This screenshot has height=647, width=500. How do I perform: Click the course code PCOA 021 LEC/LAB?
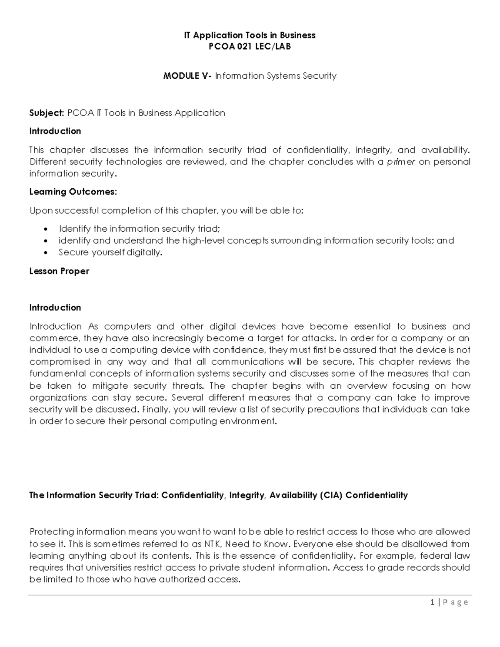pos(250,47)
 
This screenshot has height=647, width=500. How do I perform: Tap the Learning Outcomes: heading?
pos(73,192)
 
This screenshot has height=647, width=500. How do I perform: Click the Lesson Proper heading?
pos(59,271)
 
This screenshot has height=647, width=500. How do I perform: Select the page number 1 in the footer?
pos(433,602)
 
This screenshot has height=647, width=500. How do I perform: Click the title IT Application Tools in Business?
pos(250,35)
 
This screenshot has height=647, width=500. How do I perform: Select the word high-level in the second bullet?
pos(203,240)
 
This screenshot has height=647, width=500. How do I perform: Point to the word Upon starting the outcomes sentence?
pos(41,210)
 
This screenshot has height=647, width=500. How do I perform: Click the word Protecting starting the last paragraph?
pos(52,532)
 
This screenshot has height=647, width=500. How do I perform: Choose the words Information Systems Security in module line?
pos(275,76)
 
